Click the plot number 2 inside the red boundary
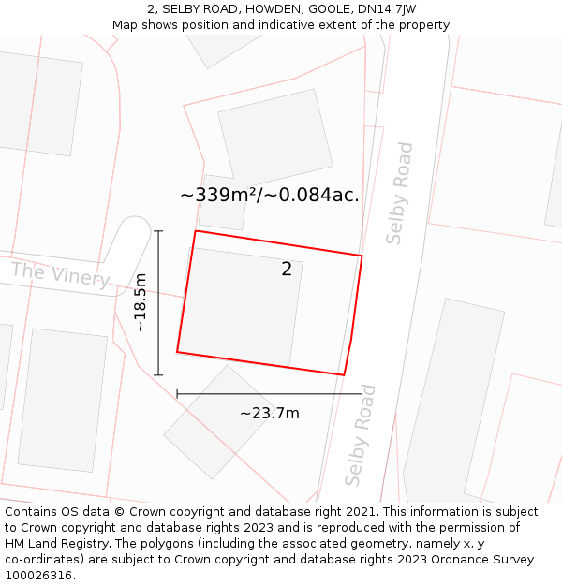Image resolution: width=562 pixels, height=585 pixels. pos(287,270)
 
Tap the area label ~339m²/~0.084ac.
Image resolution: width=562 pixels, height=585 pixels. pos(270,195)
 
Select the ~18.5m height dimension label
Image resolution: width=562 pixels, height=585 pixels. pos(140,302)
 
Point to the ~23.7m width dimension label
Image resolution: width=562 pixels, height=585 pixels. pos(270,413)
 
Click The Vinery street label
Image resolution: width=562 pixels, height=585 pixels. pos(61,275)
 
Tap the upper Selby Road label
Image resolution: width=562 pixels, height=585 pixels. pos(400,193)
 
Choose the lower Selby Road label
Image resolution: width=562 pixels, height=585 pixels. pos(361,435)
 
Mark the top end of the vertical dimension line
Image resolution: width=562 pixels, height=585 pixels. pos(158,230)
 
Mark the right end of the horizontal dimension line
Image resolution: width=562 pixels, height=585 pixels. pos(362,394)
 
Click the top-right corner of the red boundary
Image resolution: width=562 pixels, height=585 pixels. pos(362,255)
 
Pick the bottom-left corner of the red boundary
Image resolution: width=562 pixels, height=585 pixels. pos(177,352)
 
